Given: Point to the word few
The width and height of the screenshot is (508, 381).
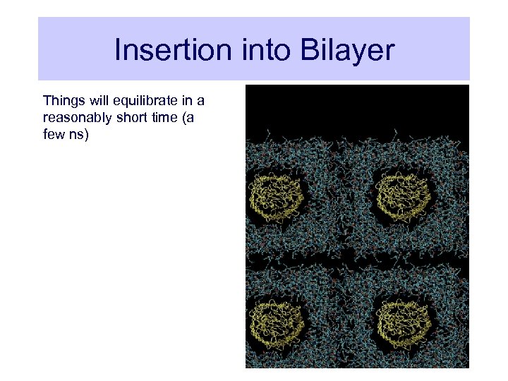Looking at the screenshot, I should (x=54, y=134).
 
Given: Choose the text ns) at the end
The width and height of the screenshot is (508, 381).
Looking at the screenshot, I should (x=78, y=134).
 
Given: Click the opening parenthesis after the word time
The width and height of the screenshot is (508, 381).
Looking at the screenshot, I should (x=183, y=117).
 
